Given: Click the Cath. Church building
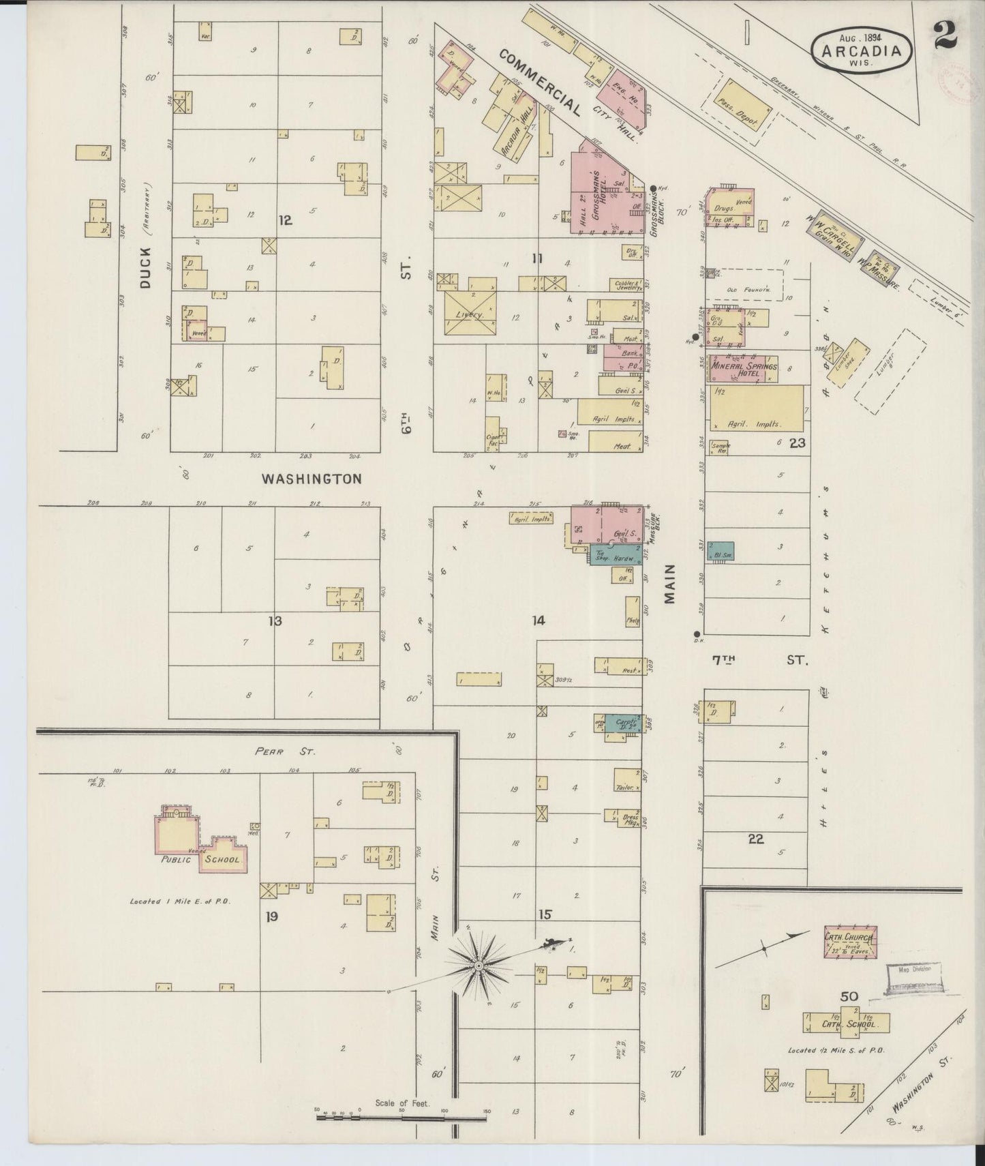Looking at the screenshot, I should (x=850, y=942).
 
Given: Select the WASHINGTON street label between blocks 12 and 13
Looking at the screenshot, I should (x=312, y=479).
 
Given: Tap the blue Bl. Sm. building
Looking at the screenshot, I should (x=720, y=552).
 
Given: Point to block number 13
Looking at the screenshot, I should (x=275, y=621).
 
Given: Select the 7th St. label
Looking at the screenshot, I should (x=757, y=660).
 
